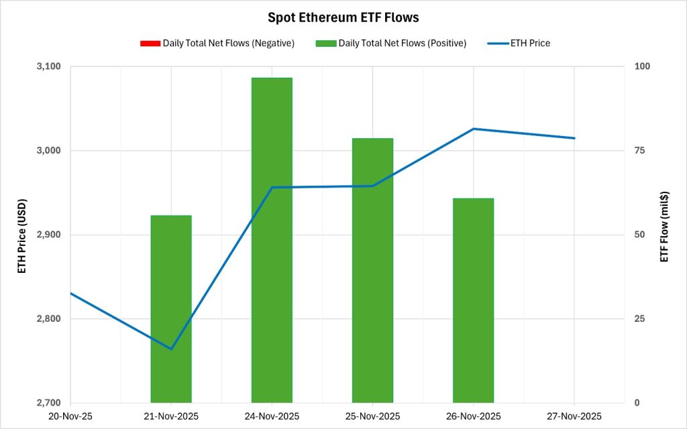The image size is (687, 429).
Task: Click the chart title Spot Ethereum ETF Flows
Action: pos(343,17)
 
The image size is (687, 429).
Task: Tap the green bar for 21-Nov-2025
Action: pos(171,308)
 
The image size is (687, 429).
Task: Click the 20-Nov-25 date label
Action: pos(70,416)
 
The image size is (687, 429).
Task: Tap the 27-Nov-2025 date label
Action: pos(574,416)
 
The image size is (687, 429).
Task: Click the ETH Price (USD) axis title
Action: pos(22,235)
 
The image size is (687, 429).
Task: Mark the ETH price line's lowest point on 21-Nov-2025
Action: pos(171,349)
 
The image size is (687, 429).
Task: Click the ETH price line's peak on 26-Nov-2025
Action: pos(473,129)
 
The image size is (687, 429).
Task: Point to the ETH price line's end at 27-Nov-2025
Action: pos(574,138)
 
